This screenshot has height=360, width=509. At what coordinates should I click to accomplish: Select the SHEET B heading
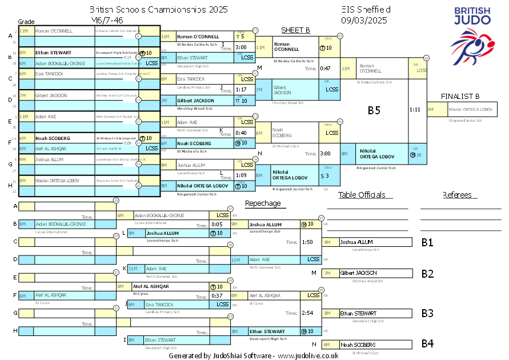pyautogui.click(x=295, y=30)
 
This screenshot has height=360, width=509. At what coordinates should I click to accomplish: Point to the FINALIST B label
pyautogui.click(x=460, y=96)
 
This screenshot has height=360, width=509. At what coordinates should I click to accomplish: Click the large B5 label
pyautogui.click(x=374, y=110)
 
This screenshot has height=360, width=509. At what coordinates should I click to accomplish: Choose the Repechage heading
pyautogui.click(x=263, y=203)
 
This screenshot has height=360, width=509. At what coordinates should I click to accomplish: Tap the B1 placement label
pyautogui.click(x=427, y=242)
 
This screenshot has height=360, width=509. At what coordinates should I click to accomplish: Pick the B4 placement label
pyautogui.click(x=427, y=344)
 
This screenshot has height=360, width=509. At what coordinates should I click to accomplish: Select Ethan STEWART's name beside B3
pyautogui.click(x=358, y=313)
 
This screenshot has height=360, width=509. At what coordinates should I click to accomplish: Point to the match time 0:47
pyautogui.click(x=325, y=69)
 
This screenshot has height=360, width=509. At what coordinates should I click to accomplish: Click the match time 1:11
pyautogui.click(x=415, y=109)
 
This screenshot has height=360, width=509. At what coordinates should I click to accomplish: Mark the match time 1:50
pyautogui.click(x=307, y=242)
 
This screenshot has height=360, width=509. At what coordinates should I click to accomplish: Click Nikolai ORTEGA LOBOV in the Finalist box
pyautogui.click(x=471, y=109)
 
